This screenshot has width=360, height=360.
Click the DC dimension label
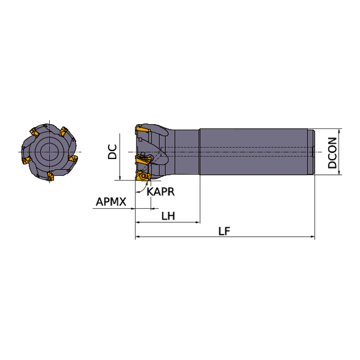coord(112,152)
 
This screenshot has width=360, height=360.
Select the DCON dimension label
coord(332,153)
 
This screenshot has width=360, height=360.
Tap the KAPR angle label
coord(160,192)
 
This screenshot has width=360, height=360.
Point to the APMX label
coord(111,202)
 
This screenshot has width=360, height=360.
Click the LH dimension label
coord(168,216)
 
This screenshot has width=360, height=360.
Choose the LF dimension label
coord(224,231)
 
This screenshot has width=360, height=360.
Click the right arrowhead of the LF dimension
coord(313,237)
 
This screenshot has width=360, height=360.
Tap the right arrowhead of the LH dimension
coord(197,222)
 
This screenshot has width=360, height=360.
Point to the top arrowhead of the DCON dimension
coord(339,131)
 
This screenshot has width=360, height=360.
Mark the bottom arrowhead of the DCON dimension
coord(339,172)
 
